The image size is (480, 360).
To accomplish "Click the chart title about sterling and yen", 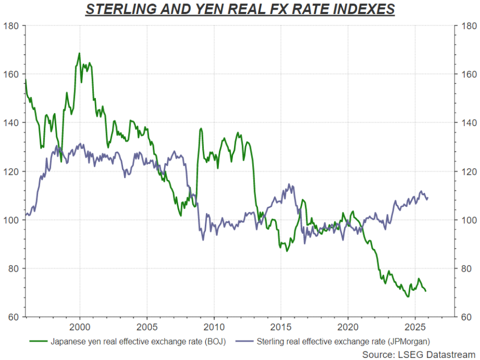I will pyautogui.click(x=240, y=9).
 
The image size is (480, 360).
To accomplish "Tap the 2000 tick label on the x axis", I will pyautogui.click(x=79, y=326).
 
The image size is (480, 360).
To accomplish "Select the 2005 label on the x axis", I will pyautogui.click(x=147, y=326).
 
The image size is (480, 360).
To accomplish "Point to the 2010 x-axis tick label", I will pyautogui.click(x=214, y=326).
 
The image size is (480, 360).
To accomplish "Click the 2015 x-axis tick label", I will pyautogui.click(x=281, y=326).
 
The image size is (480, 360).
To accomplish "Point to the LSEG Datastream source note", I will pyautogui.click(x=419, y=354).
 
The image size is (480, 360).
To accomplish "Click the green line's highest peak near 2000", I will pyautogui.click(x=79, y=53).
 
